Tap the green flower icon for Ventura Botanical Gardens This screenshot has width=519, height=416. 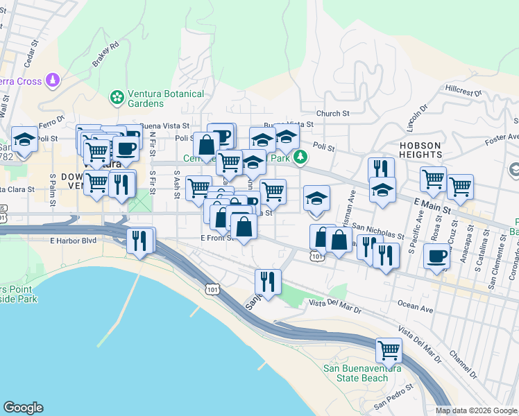point(117,97)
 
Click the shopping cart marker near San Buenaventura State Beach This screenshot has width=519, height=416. point(389,351)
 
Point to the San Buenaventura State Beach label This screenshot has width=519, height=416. point(361,373)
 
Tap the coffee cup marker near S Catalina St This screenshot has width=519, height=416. point(436,256)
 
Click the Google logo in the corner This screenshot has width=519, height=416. point(23,408)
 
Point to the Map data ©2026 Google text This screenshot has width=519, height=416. point(476,410)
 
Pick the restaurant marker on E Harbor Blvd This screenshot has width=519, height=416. point(140,241)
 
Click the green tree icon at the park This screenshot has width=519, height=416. point(300,157)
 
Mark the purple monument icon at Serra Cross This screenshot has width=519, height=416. point(53,82)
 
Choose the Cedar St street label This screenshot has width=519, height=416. point(29,55)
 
